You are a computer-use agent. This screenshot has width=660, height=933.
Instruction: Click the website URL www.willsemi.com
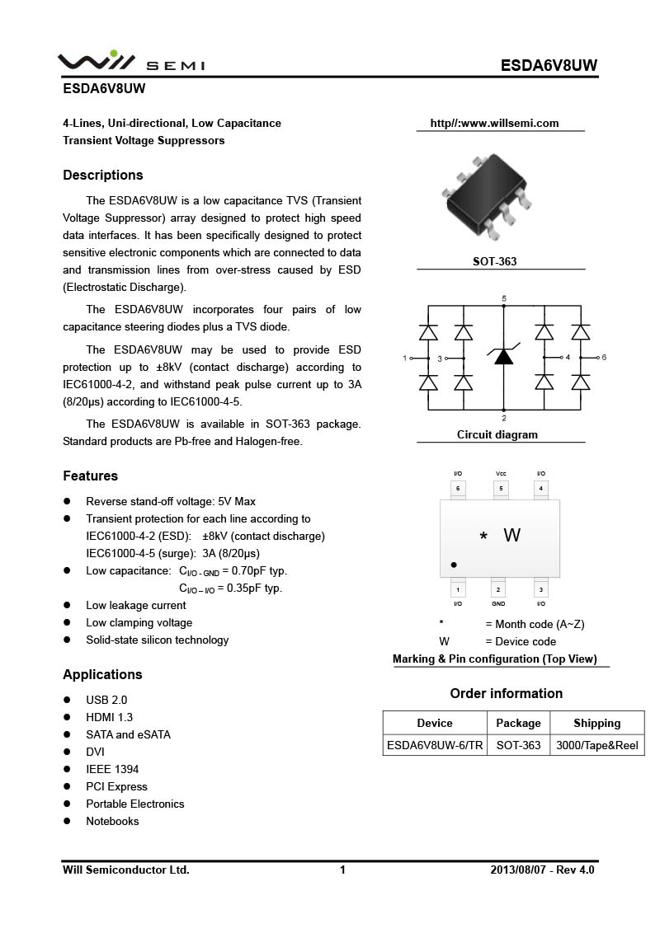(494, 124)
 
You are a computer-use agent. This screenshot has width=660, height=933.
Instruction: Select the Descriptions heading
(103, 175)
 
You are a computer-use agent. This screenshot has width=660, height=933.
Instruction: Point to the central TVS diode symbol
(504, 356)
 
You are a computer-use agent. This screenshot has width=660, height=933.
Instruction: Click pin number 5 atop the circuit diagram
(504, 298)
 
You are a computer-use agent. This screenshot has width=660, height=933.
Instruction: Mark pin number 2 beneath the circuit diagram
(504, 418)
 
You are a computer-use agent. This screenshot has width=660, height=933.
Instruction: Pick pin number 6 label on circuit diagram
(604, 358)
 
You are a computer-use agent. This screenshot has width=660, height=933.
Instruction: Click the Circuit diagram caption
(497, 434)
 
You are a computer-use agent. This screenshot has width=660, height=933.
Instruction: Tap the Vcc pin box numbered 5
(501, 489)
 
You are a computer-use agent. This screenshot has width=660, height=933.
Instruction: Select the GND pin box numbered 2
(498, 590)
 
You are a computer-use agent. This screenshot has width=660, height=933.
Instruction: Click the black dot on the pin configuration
(454, 565)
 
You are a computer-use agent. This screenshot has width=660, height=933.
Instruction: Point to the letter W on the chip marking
(511, 536)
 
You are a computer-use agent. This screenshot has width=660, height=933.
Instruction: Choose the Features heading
(91, 476)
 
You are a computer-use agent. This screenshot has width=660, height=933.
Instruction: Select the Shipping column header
(596, 723)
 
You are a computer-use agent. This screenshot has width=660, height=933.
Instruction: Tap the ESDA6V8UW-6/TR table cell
(435, 745)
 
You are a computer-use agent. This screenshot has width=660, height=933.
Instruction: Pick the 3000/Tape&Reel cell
(596, 745)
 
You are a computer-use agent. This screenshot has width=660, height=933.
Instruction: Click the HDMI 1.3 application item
(109, 717)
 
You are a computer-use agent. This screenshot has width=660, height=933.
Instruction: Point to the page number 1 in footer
(342, 870)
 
